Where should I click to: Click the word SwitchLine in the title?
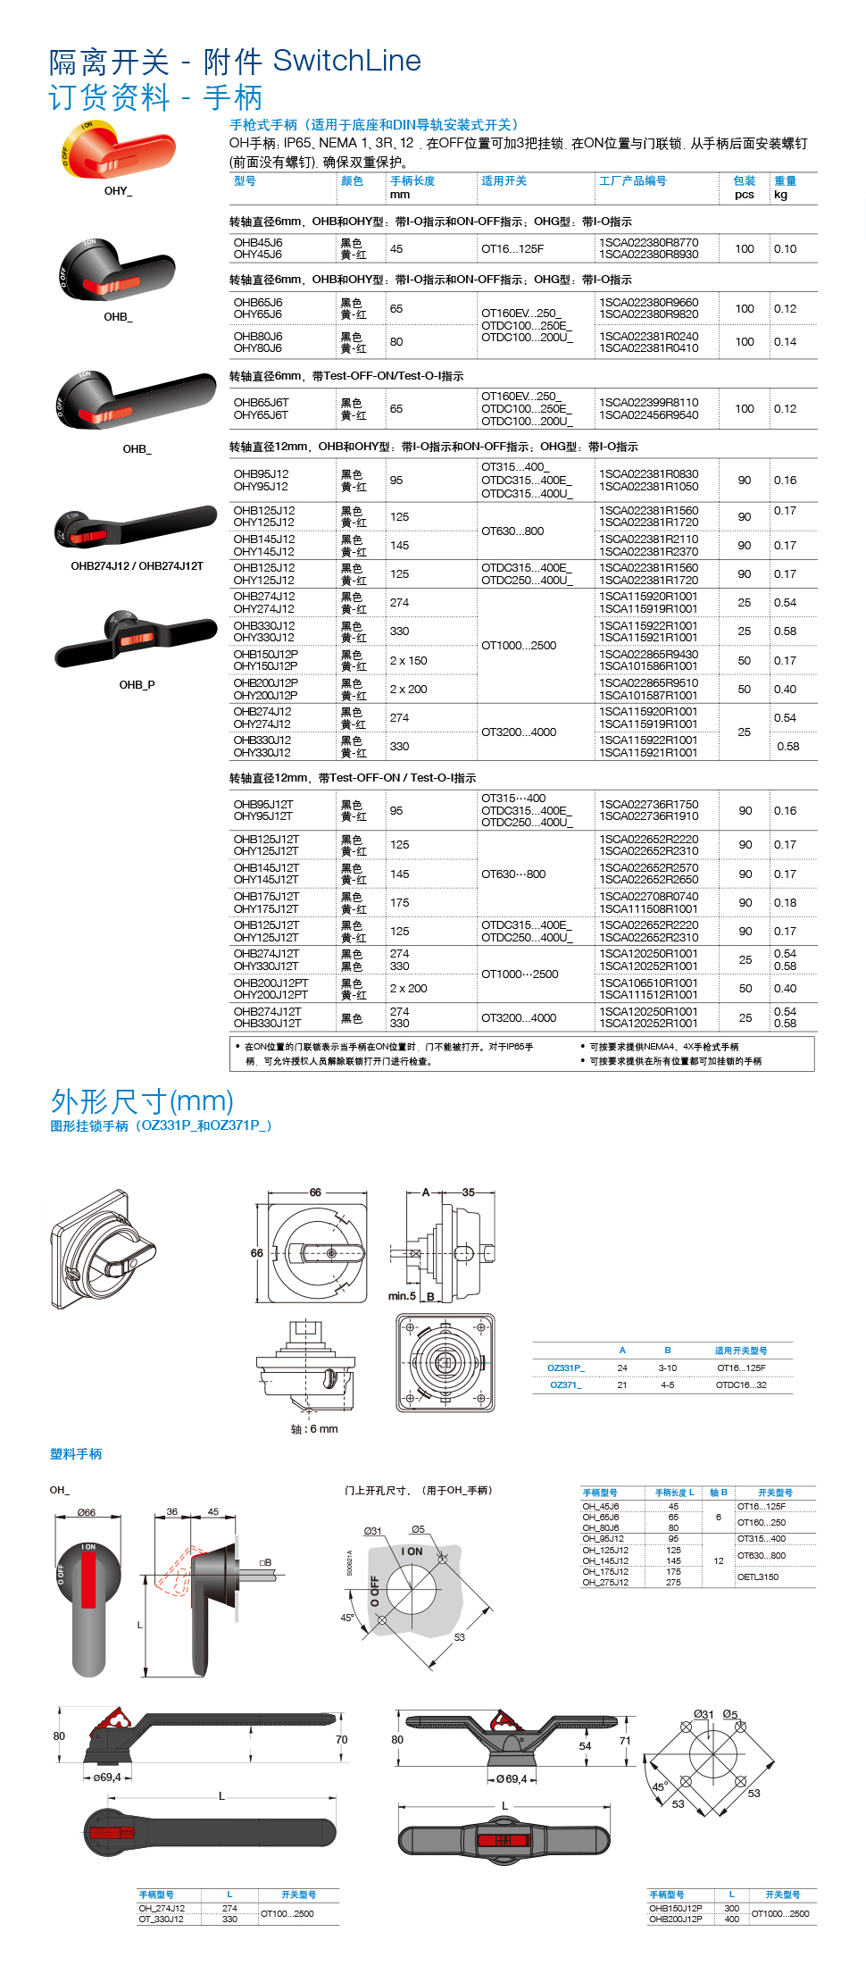click(346, 61)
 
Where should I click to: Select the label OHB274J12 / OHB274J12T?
click(137, 565)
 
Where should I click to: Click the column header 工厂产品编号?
click(632, 180)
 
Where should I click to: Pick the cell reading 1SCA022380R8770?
click(648, 242)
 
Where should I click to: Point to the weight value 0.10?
click(785, 248)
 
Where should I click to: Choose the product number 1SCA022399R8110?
click(648, 403)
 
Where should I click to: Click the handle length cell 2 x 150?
click(408, 660)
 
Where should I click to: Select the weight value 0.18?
click(785, 902)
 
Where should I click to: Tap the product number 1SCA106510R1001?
click(648, 983)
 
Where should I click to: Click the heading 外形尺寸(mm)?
click(142, 1100)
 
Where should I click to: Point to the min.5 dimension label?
click(402, 1296)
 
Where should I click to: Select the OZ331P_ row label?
click(565, 1368)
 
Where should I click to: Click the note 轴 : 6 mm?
click(314, 1429)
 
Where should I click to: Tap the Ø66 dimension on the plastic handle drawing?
click(86, 1512)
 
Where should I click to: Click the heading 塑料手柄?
click(76, 1454)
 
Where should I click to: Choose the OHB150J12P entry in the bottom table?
click(675, 1908)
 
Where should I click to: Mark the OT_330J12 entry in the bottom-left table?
click(161, 1919)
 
